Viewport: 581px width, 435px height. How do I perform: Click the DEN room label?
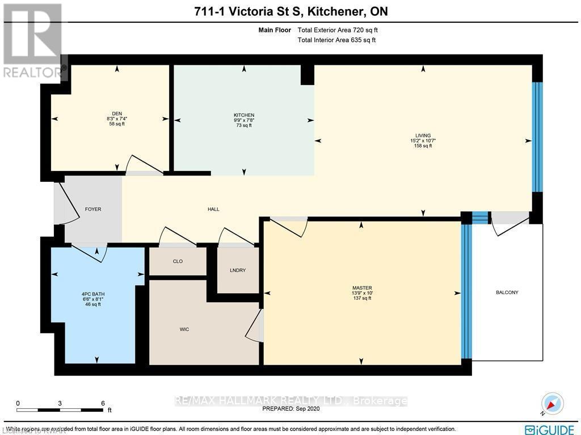click(117, 113)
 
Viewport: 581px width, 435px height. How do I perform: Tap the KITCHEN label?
click(244, 115)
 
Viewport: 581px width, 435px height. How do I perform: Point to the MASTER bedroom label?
click(361, 288)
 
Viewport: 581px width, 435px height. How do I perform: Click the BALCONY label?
click(507, 292)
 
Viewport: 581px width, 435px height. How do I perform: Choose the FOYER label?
click(92, 210)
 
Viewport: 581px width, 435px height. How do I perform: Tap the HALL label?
click(213, 210)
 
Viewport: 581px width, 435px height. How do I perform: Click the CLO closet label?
click(177, 262)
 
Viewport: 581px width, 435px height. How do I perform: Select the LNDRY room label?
click(238, 270)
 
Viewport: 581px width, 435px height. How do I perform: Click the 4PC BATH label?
click(92, 294)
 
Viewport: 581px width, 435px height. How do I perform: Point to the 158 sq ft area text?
click(423, 146)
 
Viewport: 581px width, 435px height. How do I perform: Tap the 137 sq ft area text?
click(361, 298)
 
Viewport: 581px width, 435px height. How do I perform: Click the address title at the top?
click(290, 11)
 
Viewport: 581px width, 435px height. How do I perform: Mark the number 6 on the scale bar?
click(103, 403)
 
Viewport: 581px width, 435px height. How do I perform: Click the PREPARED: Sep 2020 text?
click(290, 408)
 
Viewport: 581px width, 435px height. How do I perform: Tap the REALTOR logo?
click(33, 41)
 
